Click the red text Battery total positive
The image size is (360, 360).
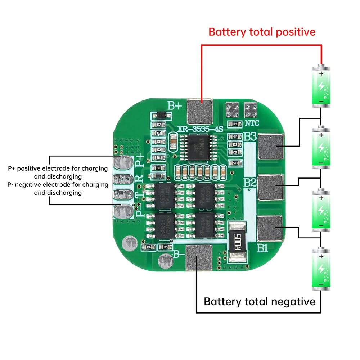[262, 32]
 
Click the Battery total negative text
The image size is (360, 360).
[260, 301]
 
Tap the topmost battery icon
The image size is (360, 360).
[320, 86]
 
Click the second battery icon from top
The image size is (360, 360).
[320, 147]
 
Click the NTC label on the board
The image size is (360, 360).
[252, 123]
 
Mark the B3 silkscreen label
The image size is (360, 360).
[250, 137]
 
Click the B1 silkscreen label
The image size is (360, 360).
[262, 248]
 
